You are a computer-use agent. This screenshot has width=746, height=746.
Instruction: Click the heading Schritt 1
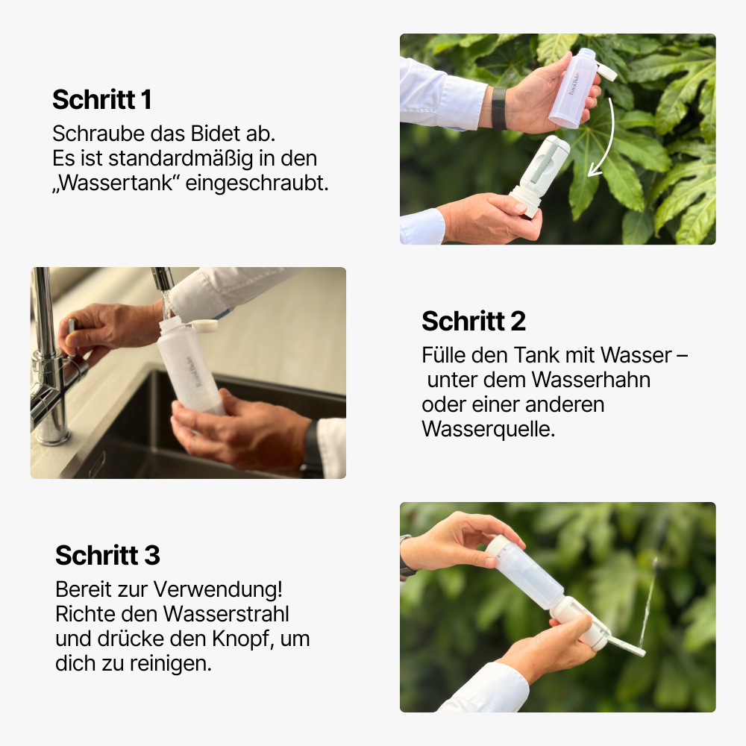[x=101, y=99]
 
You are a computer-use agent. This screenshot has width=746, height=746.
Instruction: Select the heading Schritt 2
[x=474, y=322]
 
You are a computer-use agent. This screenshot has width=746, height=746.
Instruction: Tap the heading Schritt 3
[x=107, y=555]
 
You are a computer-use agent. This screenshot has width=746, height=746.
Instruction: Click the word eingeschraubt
[x=257, y=184]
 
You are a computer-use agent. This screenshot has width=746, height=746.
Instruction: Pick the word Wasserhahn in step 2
[x=591, y=380]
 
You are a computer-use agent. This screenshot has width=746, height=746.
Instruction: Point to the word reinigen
[x=169, y=664]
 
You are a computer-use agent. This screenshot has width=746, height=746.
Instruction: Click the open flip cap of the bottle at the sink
[x=204, y=326]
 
